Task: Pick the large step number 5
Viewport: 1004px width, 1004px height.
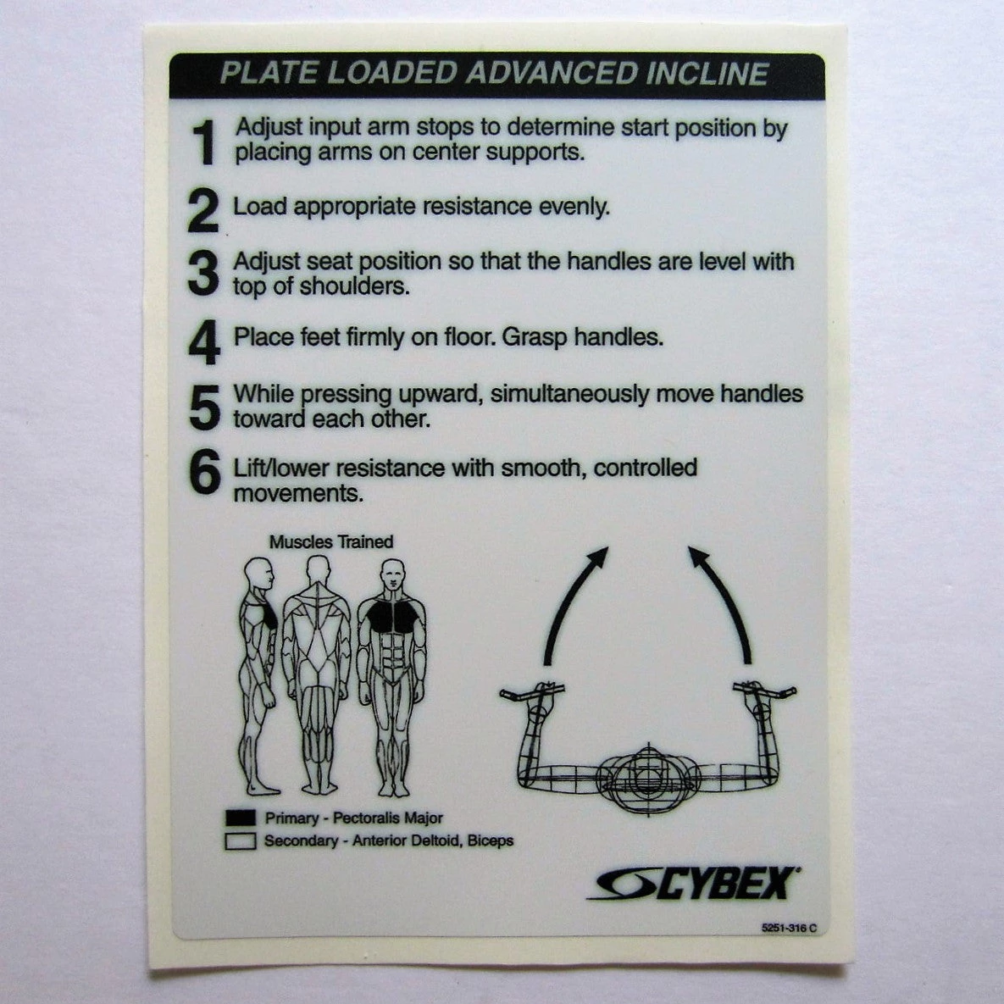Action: (204, 408)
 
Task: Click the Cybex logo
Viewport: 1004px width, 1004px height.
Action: (694, 883)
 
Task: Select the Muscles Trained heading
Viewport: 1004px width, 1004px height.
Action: (331, 541)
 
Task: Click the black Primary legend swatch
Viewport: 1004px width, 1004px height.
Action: (241, 818)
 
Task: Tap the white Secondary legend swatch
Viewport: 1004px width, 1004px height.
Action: (241, 842)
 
